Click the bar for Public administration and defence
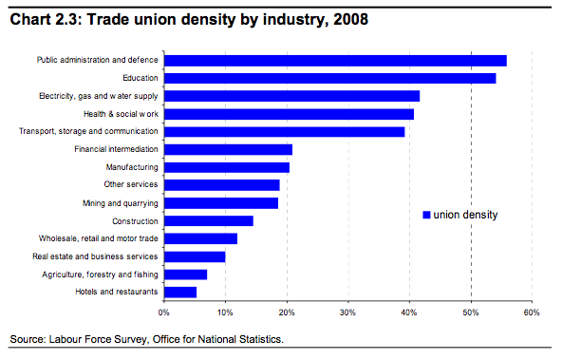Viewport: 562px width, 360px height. coord(335,61)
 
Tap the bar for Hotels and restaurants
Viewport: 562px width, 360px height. coord(180,292)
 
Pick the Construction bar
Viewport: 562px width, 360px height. coord(209,220)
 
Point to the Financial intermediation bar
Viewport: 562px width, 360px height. coord(228,149)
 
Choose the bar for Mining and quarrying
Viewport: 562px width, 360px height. coord(221,202)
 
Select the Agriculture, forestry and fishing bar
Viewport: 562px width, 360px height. coord(185,274)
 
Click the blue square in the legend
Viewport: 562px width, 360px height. coord(426,215)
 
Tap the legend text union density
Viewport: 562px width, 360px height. coord(465,215)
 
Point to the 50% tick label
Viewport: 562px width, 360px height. coord(470,312)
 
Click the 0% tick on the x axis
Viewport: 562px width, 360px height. coord(164,312)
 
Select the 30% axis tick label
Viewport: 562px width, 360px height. coord(347,312)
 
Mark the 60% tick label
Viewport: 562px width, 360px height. coord(531,312)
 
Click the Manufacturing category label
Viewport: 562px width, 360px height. coord(132,167)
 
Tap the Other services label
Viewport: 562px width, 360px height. coord(131,184)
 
